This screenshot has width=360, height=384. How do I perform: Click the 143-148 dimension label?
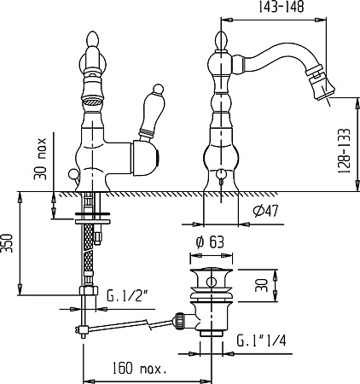tap(282, 7)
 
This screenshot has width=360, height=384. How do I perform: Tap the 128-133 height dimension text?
tap(344, 151)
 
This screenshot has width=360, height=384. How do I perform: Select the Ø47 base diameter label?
tap(266, 211)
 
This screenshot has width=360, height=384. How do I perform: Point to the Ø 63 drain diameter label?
tap(210, 242)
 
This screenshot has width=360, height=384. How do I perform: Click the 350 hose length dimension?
tap(7, 243)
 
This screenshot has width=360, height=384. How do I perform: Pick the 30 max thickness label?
tap(40, 159)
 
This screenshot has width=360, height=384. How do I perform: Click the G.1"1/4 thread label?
tap(261, 340)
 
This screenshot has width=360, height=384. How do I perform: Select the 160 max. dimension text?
tap(139, 368)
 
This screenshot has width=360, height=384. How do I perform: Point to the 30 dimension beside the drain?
tap(262, 285)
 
